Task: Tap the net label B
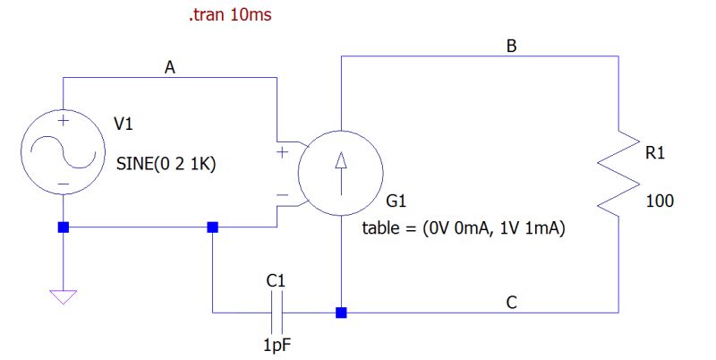pyautogui.click(x=511, y=46)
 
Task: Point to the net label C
pyautogui.click(x=511, y=303)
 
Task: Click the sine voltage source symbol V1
pyautogui.click(x=64, y=151)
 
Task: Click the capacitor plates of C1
pyautogui.click(x=277, y=313)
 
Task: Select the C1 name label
pyautogui.click(x=276, y=281)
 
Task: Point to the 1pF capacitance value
pyautogui.click(x=277, y=344)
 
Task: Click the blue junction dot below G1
pyautogui.click(x=341, y=313)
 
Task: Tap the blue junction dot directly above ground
pyautogui.click(x=64, y=227)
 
